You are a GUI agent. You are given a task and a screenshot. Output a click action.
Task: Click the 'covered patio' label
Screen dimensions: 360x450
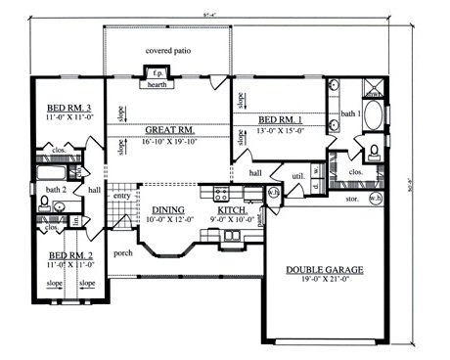pyautogui.click(x=168, y=49)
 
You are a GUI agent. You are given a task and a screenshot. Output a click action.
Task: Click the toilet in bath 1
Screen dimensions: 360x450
pyautogui.click(x=376, y=152)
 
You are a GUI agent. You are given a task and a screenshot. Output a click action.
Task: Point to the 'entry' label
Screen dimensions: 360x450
pyautogui.click(x=122, y=197)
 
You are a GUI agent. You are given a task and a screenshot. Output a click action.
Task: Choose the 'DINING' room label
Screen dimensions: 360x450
pyautogui.click(x=169, y=208)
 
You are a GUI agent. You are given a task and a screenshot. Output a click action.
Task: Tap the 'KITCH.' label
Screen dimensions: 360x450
pyautogui.click(x=232, y=208)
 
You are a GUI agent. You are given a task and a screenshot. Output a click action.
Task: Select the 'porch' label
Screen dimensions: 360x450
pyautogui.click(x=123, y=251)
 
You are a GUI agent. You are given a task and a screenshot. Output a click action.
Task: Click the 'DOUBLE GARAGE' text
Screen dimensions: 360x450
pyautogui.click(x=322, y=269)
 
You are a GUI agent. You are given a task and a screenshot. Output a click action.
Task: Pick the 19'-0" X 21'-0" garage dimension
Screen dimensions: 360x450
pyautogui.click(x=322, y=281)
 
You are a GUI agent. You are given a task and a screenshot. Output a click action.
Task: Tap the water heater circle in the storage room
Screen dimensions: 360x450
pyautogui.click(x=376, y=199)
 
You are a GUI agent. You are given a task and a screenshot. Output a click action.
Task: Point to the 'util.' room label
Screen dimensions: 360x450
pyautogui.click(x=298, y=176)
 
